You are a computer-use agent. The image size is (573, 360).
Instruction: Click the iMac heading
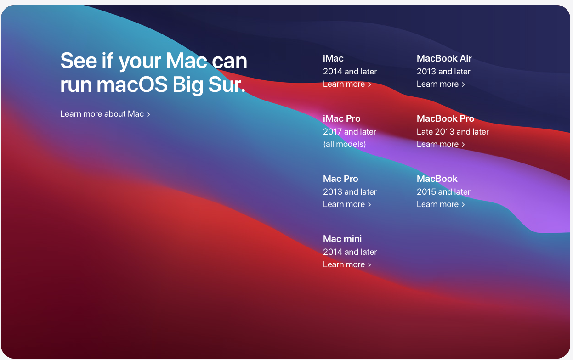(333, 58)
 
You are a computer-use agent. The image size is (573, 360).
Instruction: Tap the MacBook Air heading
(444, 58)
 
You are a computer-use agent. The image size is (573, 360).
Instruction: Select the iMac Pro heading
(341, 118)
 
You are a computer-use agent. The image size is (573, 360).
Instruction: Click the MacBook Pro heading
(445, 118)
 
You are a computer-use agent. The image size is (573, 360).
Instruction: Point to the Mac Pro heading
(340, 179)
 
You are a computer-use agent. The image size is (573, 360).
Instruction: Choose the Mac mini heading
(342, 239)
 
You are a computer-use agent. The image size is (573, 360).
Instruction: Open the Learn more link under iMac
(347, 84)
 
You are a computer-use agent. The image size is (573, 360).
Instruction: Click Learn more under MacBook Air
(441, 84)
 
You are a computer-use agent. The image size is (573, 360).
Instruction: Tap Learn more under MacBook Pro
(441, 144)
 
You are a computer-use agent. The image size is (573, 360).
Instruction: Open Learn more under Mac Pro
(347, 204)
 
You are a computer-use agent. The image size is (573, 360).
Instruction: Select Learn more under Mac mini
(347, 264)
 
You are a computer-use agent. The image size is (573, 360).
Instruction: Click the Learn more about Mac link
(105, 114)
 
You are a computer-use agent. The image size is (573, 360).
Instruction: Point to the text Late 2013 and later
(453, 132)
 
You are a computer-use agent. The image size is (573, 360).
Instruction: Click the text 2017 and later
(349, 132)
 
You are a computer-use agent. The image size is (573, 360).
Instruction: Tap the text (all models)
(344, 144)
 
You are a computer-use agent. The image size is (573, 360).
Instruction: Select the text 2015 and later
(443, 192)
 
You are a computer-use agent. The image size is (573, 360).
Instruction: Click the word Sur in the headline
(227, 84)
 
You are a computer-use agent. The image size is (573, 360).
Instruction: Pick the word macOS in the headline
(132, 84)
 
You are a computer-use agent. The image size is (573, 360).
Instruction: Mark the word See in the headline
(79, 61)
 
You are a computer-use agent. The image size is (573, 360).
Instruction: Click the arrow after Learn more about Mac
(148, 114)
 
